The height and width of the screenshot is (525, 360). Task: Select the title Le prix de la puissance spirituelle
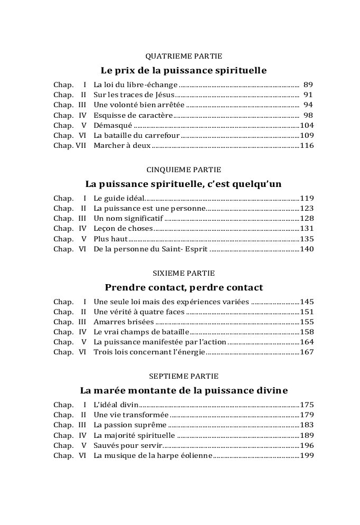[183, 70]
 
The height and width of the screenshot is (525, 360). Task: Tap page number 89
[309, 85]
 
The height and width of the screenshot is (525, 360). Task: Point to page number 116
[307, 146]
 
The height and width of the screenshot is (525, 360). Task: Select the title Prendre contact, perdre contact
[183, 288]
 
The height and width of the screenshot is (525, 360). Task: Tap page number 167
[307, 352]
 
